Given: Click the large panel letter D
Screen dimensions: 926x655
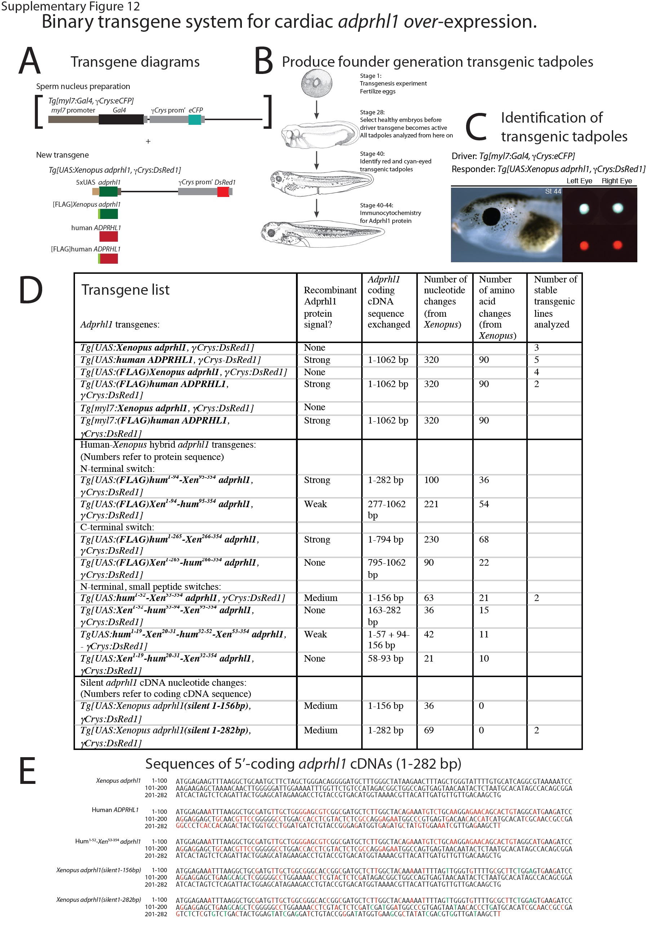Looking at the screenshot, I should (x=31, y=290).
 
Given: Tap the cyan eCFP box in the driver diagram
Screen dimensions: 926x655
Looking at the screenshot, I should (x=194, y=119).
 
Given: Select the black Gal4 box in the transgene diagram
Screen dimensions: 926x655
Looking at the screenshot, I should (x=121, y=119).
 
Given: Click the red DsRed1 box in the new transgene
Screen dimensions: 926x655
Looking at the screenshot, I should (x=223, y=192).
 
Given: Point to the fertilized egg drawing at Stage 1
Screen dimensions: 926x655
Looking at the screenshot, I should (x=317, y=83).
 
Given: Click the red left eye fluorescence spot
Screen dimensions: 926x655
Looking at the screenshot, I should (x=584, y=245).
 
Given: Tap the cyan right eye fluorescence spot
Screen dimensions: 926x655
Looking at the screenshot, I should (x=618, y=208).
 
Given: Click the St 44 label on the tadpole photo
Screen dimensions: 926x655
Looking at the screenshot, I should (x=553, y=191).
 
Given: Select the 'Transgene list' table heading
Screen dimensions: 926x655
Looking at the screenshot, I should (x=125, y=290).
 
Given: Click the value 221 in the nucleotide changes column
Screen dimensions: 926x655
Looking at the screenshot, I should (x=431, y=504).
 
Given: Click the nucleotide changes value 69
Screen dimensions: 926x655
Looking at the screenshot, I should (x=429, y=730).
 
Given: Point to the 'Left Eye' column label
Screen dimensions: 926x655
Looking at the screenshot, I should (x=579, y=181).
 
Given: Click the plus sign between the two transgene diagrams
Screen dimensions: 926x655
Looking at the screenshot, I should (x=148, y=141).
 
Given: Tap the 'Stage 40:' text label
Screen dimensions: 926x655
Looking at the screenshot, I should (x=372, y=154).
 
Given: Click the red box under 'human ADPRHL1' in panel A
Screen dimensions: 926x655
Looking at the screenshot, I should (x=109, y=236).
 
